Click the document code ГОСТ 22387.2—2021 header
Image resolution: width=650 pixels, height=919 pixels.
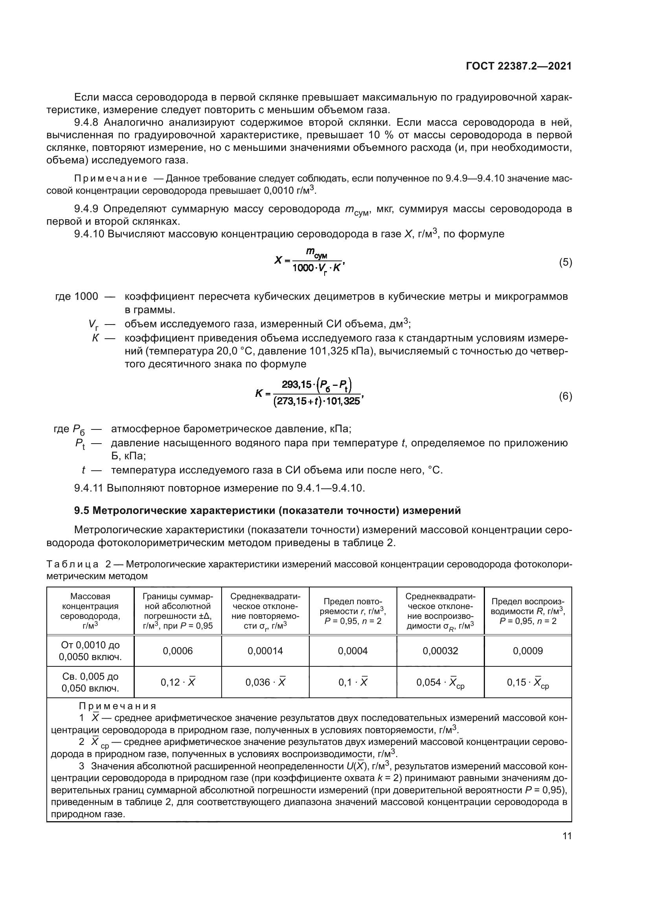pos(518,66)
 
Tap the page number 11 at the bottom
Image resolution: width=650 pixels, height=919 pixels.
pos(567,836)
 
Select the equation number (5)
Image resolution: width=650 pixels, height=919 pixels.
pos(565,262)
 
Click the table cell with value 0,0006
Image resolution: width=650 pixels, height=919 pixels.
pos(178,651)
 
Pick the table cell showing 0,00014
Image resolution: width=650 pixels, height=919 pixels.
pos(265,651)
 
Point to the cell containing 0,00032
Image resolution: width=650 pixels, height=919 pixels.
pos(440,651)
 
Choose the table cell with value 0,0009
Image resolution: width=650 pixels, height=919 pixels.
pos(527,651)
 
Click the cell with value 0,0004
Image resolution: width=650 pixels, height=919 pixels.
pos(353,651)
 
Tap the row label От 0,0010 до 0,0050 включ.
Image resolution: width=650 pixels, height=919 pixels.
pos(90,651)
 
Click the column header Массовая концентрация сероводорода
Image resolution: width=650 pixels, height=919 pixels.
pos(90,611)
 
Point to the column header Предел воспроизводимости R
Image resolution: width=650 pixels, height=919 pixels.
pos(527,611)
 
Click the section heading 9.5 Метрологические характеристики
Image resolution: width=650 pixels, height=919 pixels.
pos(267,511)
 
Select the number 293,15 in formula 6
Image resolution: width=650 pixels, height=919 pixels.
pos(296,385)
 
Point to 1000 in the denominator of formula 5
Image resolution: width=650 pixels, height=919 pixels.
pos(303,268)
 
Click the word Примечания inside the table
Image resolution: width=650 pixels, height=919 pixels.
pos(117,706)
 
